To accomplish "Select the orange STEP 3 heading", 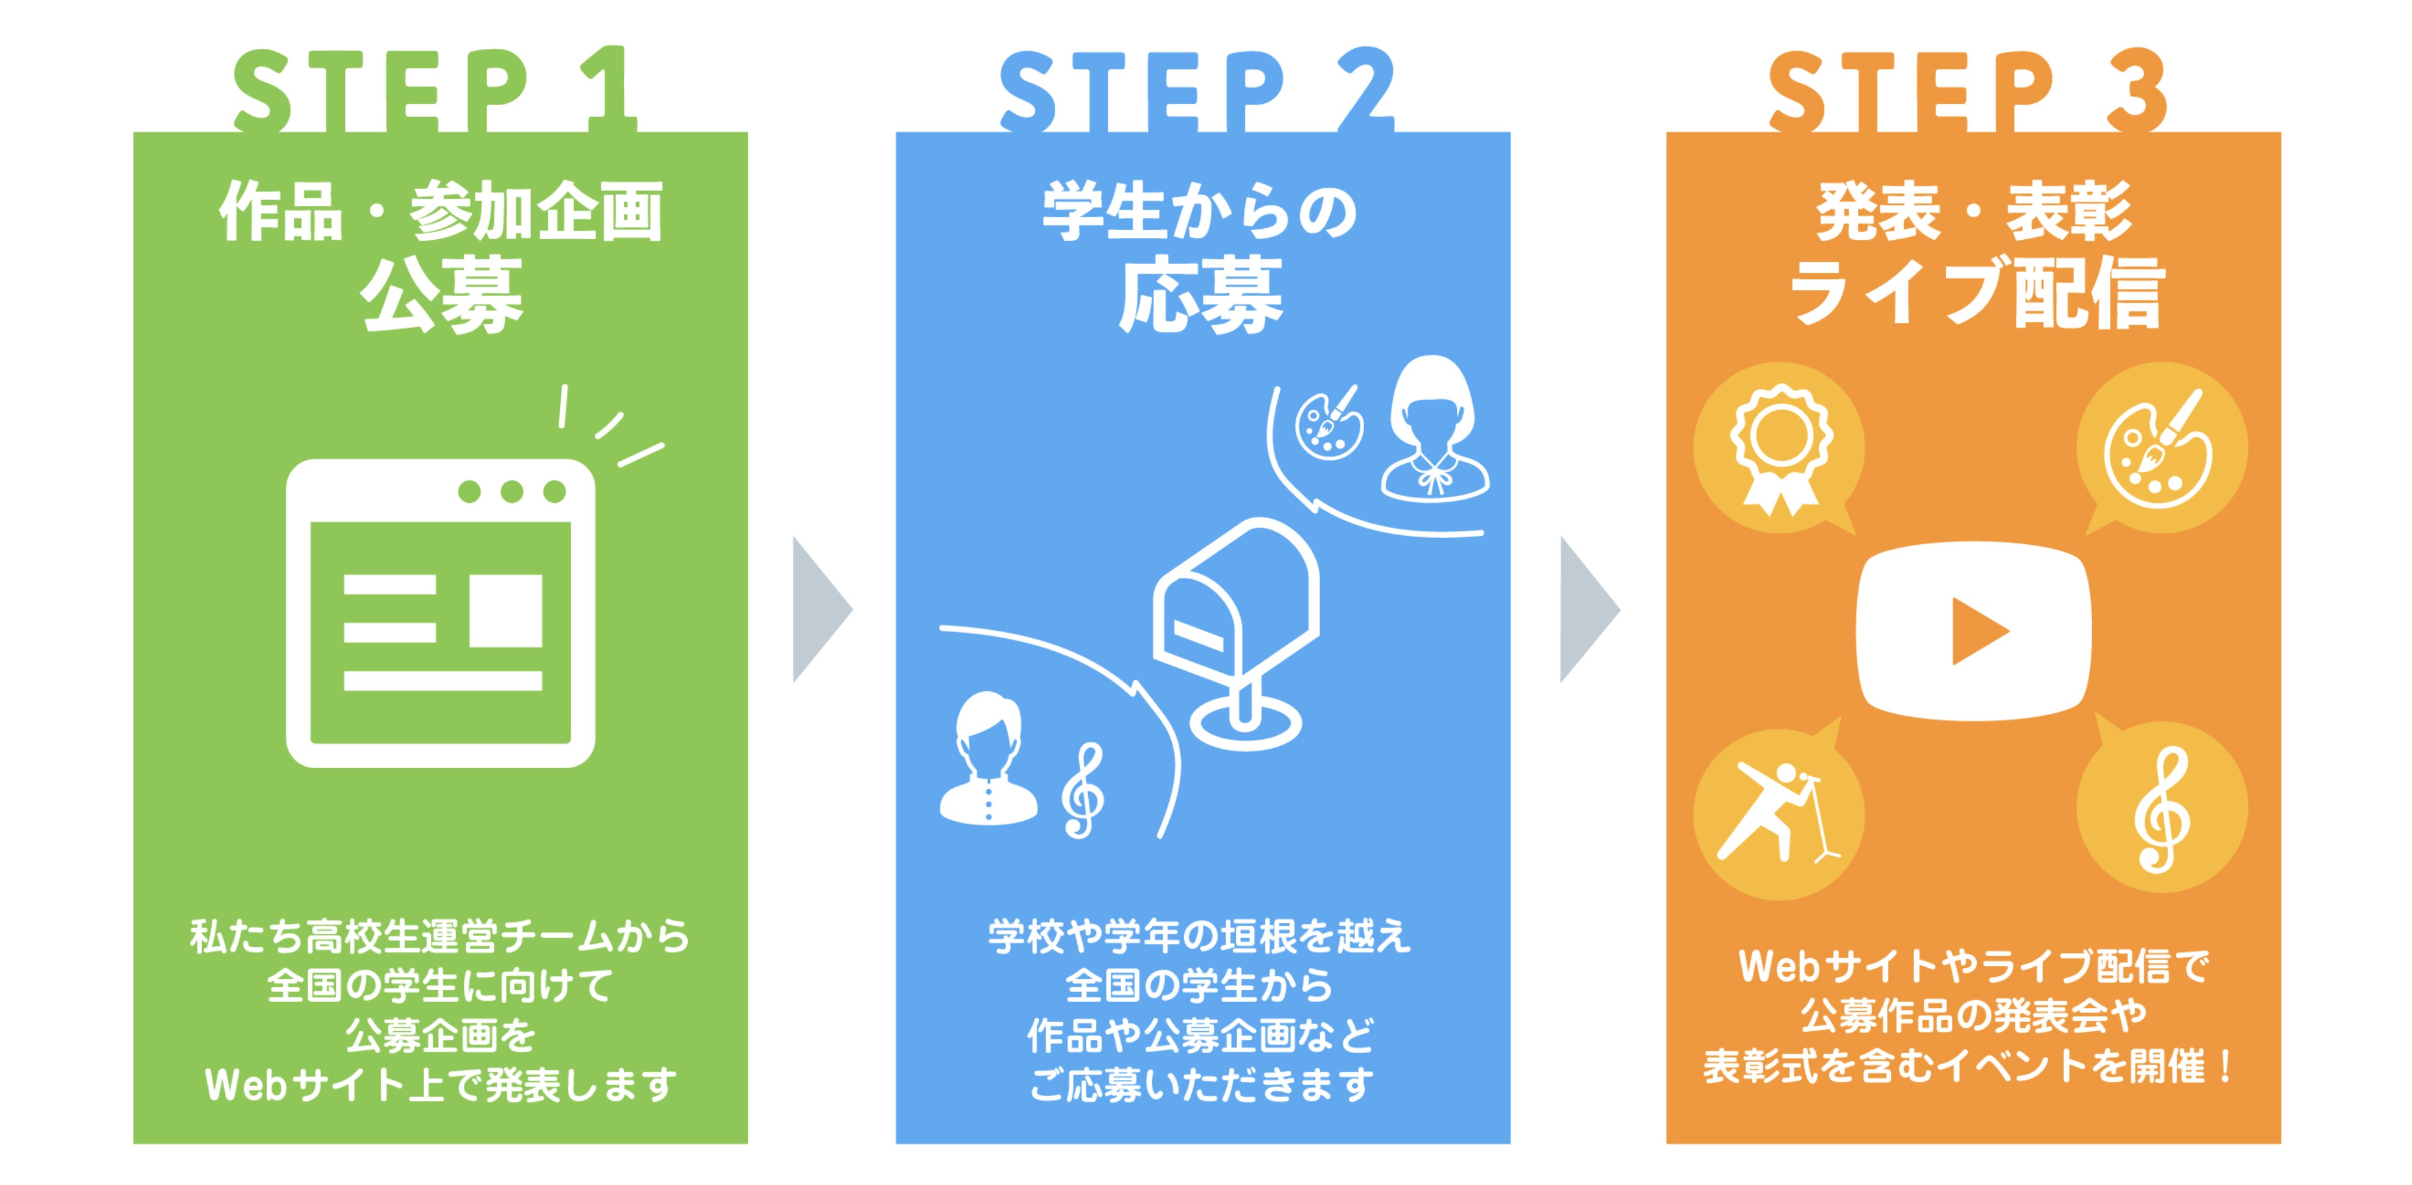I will [1967, 90].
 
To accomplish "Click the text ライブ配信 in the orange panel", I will [1975, 292].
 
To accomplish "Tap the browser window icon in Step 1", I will [440, 613].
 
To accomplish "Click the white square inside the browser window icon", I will [505, 610].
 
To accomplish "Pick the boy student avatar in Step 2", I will [988, 758].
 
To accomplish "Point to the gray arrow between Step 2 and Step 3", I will [1587, 610].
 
